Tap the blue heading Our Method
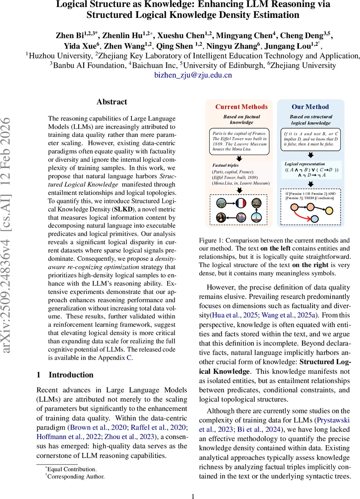tap(310, 107)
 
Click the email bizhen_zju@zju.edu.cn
tap(193, 75)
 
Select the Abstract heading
tap(112, 102)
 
